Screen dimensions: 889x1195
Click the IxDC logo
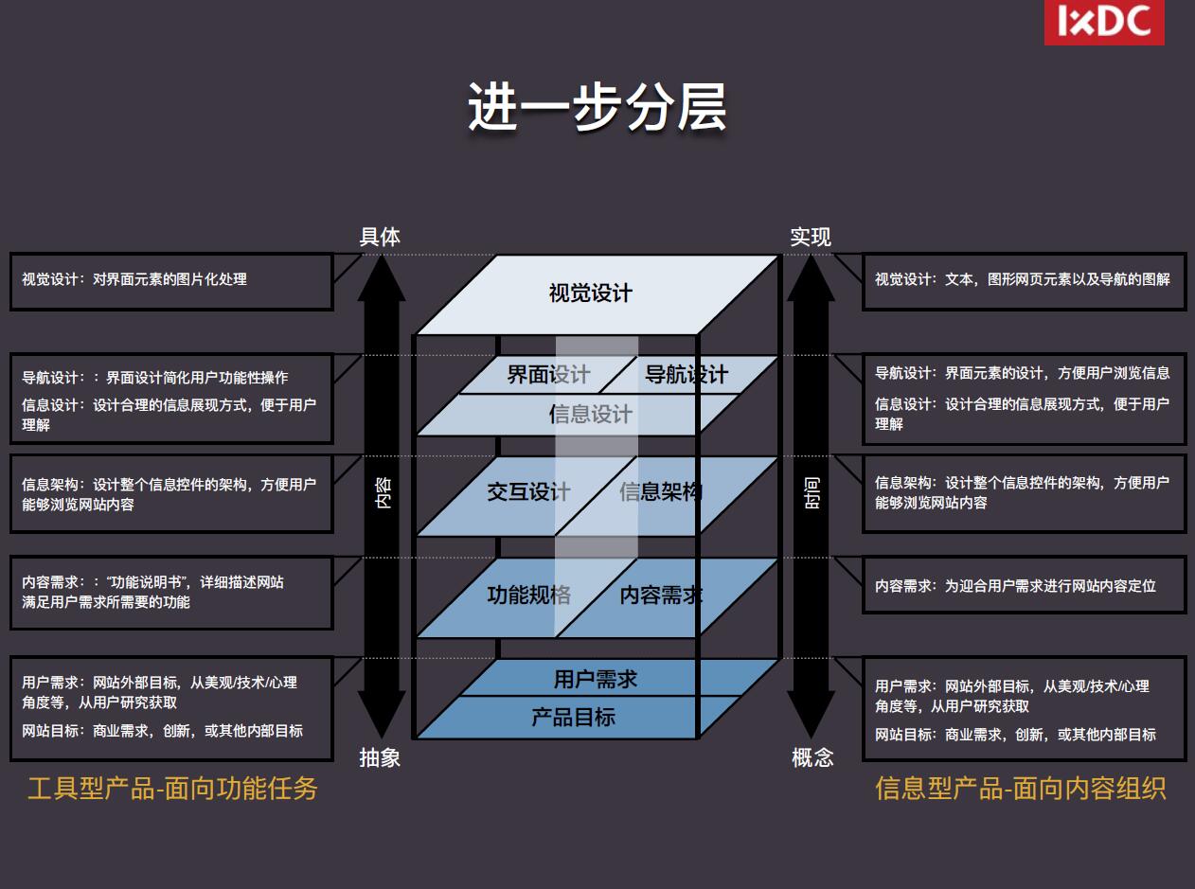pos(1104,22)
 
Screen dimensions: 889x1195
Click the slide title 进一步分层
pos(597,107)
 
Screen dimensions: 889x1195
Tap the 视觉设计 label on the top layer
pos(590,293)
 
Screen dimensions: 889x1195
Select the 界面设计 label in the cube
pos(548,375)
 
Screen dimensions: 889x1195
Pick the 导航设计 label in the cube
pos(687,375)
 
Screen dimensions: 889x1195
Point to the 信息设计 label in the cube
pos(590,414)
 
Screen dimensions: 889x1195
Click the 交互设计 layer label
pos(528,492)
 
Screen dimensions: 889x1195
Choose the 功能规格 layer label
pos(528,596)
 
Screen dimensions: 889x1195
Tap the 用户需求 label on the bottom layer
pos(596,679)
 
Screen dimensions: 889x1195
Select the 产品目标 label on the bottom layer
pos(574,717)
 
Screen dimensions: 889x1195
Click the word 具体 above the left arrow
pos(380,237)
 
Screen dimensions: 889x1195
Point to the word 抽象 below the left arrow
pos(380,757)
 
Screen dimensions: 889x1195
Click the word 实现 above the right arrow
pos(811,237)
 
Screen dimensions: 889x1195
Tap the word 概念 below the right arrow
pos(812,757)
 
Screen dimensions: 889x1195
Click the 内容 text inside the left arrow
pos(383,491)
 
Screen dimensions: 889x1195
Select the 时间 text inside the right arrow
pos(812,491)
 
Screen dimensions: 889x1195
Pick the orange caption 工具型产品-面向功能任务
pos(172,789)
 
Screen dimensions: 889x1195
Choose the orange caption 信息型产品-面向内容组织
pos(1021,789)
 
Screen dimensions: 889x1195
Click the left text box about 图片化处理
pos(171,280)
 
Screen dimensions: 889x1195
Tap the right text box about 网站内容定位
pos(1024,586)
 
